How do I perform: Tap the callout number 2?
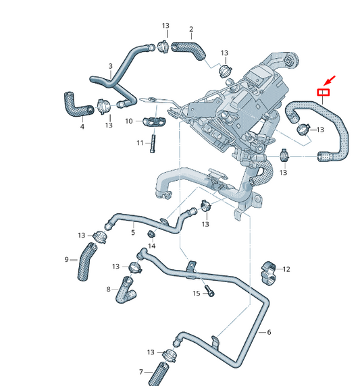point(191,29)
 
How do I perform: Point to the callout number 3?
point(110,66)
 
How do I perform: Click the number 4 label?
point(82,126)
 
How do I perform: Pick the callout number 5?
point(133,232)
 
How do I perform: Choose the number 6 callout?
point(269,332)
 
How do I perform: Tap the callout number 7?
point(141,372)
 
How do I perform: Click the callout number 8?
point(108,289)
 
